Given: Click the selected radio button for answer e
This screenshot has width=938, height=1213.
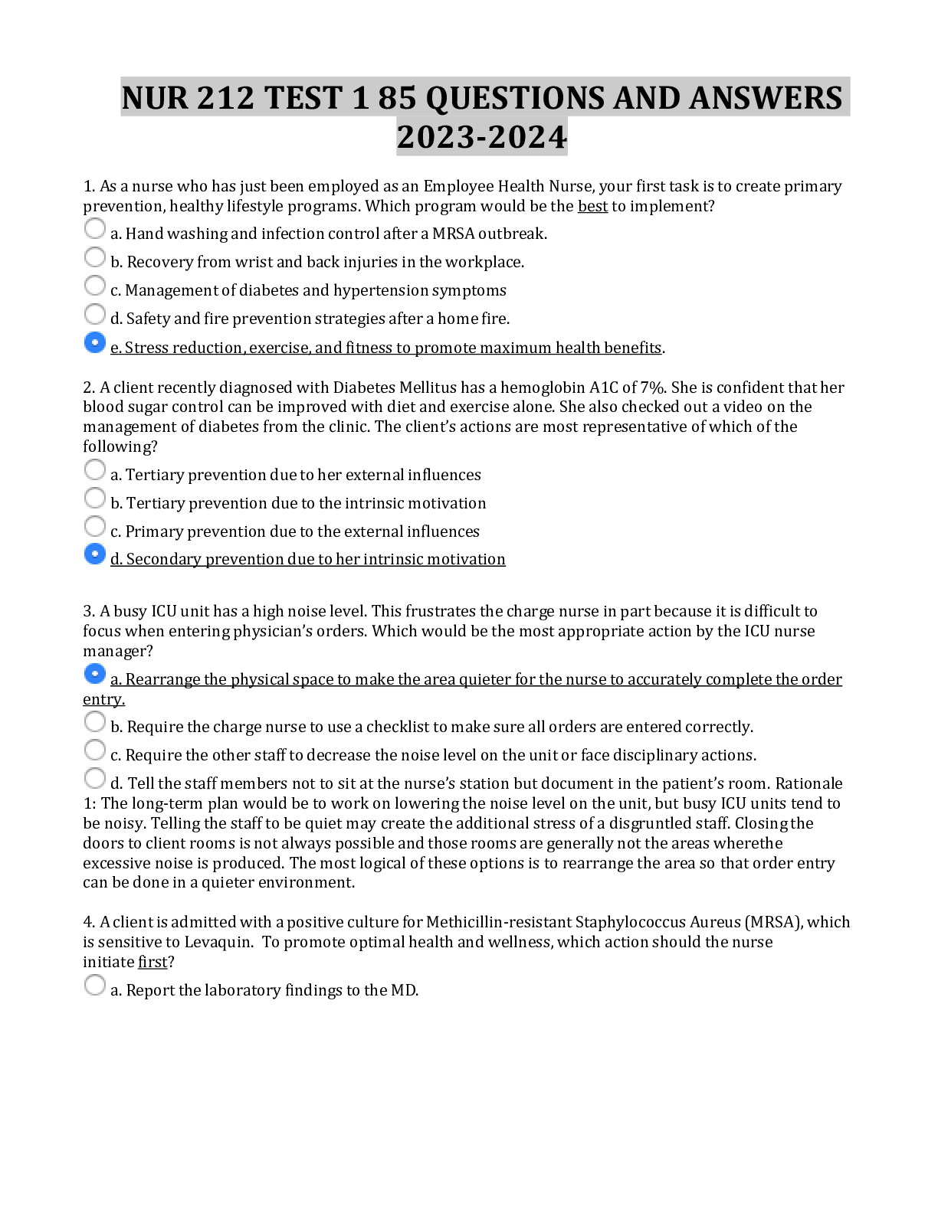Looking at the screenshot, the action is pos(94,342).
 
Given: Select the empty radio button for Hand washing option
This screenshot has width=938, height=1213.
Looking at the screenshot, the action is pos(94,228).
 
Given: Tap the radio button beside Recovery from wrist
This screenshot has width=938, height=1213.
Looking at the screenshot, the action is pos(94,257).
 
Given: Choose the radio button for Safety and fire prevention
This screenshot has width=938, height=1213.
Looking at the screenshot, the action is pos(94,314).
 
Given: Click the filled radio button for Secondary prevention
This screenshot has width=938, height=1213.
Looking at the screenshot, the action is pos(94,554).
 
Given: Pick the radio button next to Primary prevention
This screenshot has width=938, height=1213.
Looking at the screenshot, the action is pos(94,526).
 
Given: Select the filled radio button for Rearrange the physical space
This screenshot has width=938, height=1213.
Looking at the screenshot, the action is pos(94,674).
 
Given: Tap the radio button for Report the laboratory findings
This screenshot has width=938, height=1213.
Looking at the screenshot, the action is pos(94,985).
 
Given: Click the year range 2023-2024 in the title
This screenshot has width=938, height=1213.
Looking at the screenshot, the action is pos(482,137).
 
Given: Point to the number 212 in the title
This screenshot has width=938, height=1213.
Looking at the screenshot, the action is pos(225,98).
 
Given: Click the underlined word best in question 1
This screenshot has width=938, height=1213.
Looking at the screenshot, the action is pos(592,206).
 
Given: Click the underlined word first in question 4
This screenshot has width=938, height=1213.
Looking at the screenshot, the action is pos(153,962).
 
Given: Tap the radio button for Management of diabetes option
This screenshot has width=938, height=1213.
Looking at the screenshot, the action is pos(94,285).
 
